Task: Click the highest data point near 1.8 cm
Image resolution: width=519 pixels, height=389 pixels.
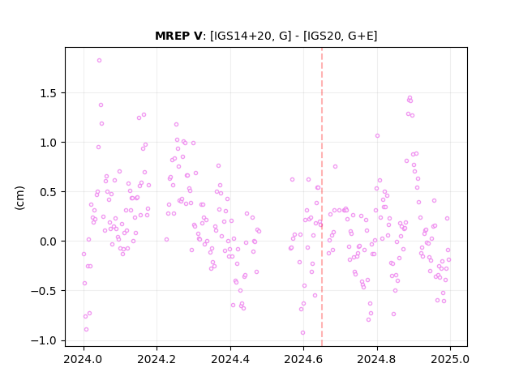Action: [99, 61]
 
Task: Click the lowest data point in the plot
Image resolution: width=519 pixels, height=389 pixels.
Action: [302, 333]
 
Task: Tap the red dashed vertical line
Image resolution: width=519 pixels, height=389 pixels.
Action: [322, 197]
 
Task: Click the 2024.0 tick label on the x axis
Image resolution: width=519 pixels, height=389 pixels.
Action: [84, 359]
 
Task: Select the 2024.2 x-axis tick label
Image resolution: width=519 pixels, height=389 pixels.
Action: [157, 359]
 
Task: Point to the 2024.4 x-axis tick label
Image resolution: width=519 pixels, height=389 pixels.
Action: [230, 359]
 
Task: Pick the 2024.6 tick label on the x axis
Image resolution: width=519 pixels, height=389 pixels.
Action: [303, 359]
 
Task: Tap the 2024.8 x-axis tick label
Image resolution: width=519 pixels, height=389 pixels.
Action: [376, 359]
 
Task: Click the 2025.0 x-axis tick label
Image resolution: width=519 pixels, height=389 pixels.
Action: [450, 359]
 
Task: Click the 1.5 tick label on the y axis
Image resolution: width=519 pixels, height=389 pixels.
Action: [49, 93]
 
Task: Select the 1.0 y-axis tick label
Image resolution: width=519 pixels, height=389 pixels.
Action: [49, 143]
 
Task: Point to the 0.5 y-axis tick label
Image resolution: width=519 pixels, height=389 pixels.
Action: [49, 192]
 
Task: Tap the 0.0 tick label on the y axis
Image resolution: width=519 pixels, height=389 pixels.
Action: [49, 242]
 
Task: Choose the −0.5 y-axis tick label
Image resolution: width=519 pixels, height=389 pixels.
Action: [45, 291]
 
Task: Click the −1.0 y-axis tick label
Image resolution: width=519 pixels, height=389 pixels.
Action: [45, 340]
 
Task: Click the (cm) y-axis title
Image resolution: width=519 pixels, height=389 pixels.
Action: [19, 198]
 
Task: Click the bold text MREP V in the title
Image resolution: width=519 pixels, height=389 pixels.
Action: [178, 36]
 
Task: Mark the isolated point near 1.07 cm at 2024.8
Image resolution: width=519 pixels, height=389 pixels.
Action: [377, 136]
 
